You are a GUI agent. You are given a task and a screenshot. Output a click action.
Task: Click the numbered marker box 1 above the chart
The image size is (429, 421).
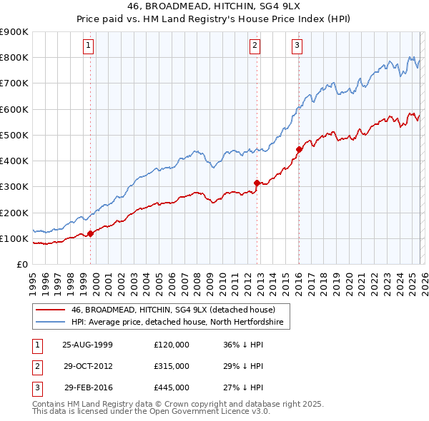[x=88, y=46]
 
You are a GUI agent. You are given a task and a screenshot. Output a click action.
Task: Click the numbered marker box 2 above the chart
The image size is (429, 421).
[x=255, y=46]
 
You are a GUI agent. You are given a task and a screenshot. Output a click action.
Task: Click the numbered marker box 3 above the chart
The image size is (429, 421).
[x=297, y=46]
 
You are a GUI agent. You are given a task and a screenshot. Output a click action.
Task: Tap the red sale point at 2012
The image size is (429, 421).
[x=257, y=183]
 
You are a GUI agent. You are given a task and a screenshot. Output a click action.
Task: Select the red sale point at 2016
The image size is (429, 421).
[x=299, y=149]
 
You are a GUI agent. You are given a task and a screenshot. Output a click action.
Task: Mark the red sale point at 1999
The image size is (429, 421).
[x=91, y=233]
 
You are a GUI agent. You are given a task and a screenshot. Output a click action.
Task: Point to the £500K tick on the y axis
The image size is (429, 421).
[x=14, y=135]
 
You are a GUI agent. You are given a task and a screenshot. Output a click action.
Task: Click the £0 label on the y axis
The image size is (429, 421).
[x=21, y=264]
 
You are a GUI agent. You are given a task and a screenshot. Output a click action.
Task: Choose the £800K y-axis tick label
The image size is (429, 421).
[x=14, y=57]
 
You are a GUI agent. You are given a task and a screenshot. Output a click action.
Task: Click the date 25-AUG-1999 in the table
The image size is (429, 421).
[x=88, y=345]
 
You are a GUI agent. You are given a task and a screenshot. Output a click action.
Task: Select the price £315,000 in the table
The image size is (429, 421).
[x=172, y=366]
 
